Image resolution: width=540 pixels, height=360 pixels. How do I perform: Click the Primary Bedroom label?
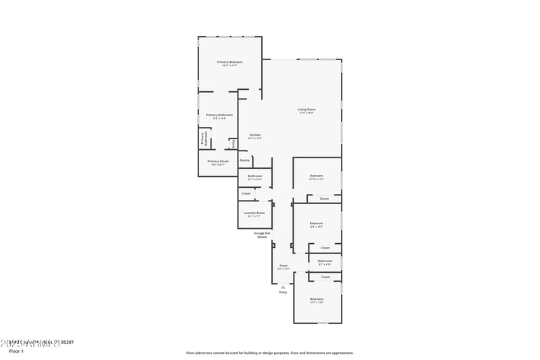pos(230,62)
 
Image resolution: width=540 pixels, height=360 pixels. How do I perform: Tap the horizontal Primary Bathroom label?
pos(219,115)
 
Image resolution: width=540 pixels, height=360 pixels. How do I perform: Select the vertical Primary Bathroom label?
pos(202,138)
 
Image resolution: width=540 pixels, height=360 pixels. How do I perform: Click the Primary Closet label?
pos(218,161)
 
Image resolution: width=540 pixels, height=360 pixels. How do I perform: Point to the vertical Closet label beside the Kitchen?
pos(234,143)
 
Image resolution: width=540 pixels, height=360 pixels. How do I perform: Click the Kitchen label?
pos(255,135)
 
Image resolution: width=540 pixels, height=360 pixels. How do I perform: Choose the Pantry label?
pos(245,160)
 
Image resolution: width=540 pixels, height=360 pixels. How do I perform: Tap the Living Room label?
pos(307,109)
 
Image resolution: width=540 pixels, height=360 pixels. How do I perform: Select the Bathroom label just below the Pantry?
pos(254,176)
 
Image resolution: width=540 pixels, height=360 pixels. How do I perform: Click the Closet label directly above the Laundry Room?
pos(246,193)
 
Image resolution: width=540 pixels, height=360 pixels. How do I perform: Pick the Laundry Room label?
pos(254,213)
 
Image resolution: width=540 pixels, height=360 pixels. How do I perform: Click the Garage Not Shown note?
pos(262,235)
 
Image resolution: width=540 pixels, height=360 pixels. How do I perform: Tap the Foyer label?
pos(283,265)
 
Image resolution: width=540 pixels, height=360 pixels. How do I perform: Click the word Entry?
pos(283,292)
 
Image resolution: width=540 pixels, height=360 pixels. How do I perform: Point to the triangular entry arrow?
pos(283,286)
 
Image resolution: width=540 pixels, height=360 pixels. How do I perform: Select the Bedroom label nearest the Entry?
pos(317,299)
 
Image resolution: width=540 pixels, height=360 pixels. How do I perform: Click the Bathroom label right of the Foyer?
pos(325,261)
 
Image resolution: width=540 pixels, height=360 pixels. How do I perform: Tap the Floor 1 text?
pos(16,351)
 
